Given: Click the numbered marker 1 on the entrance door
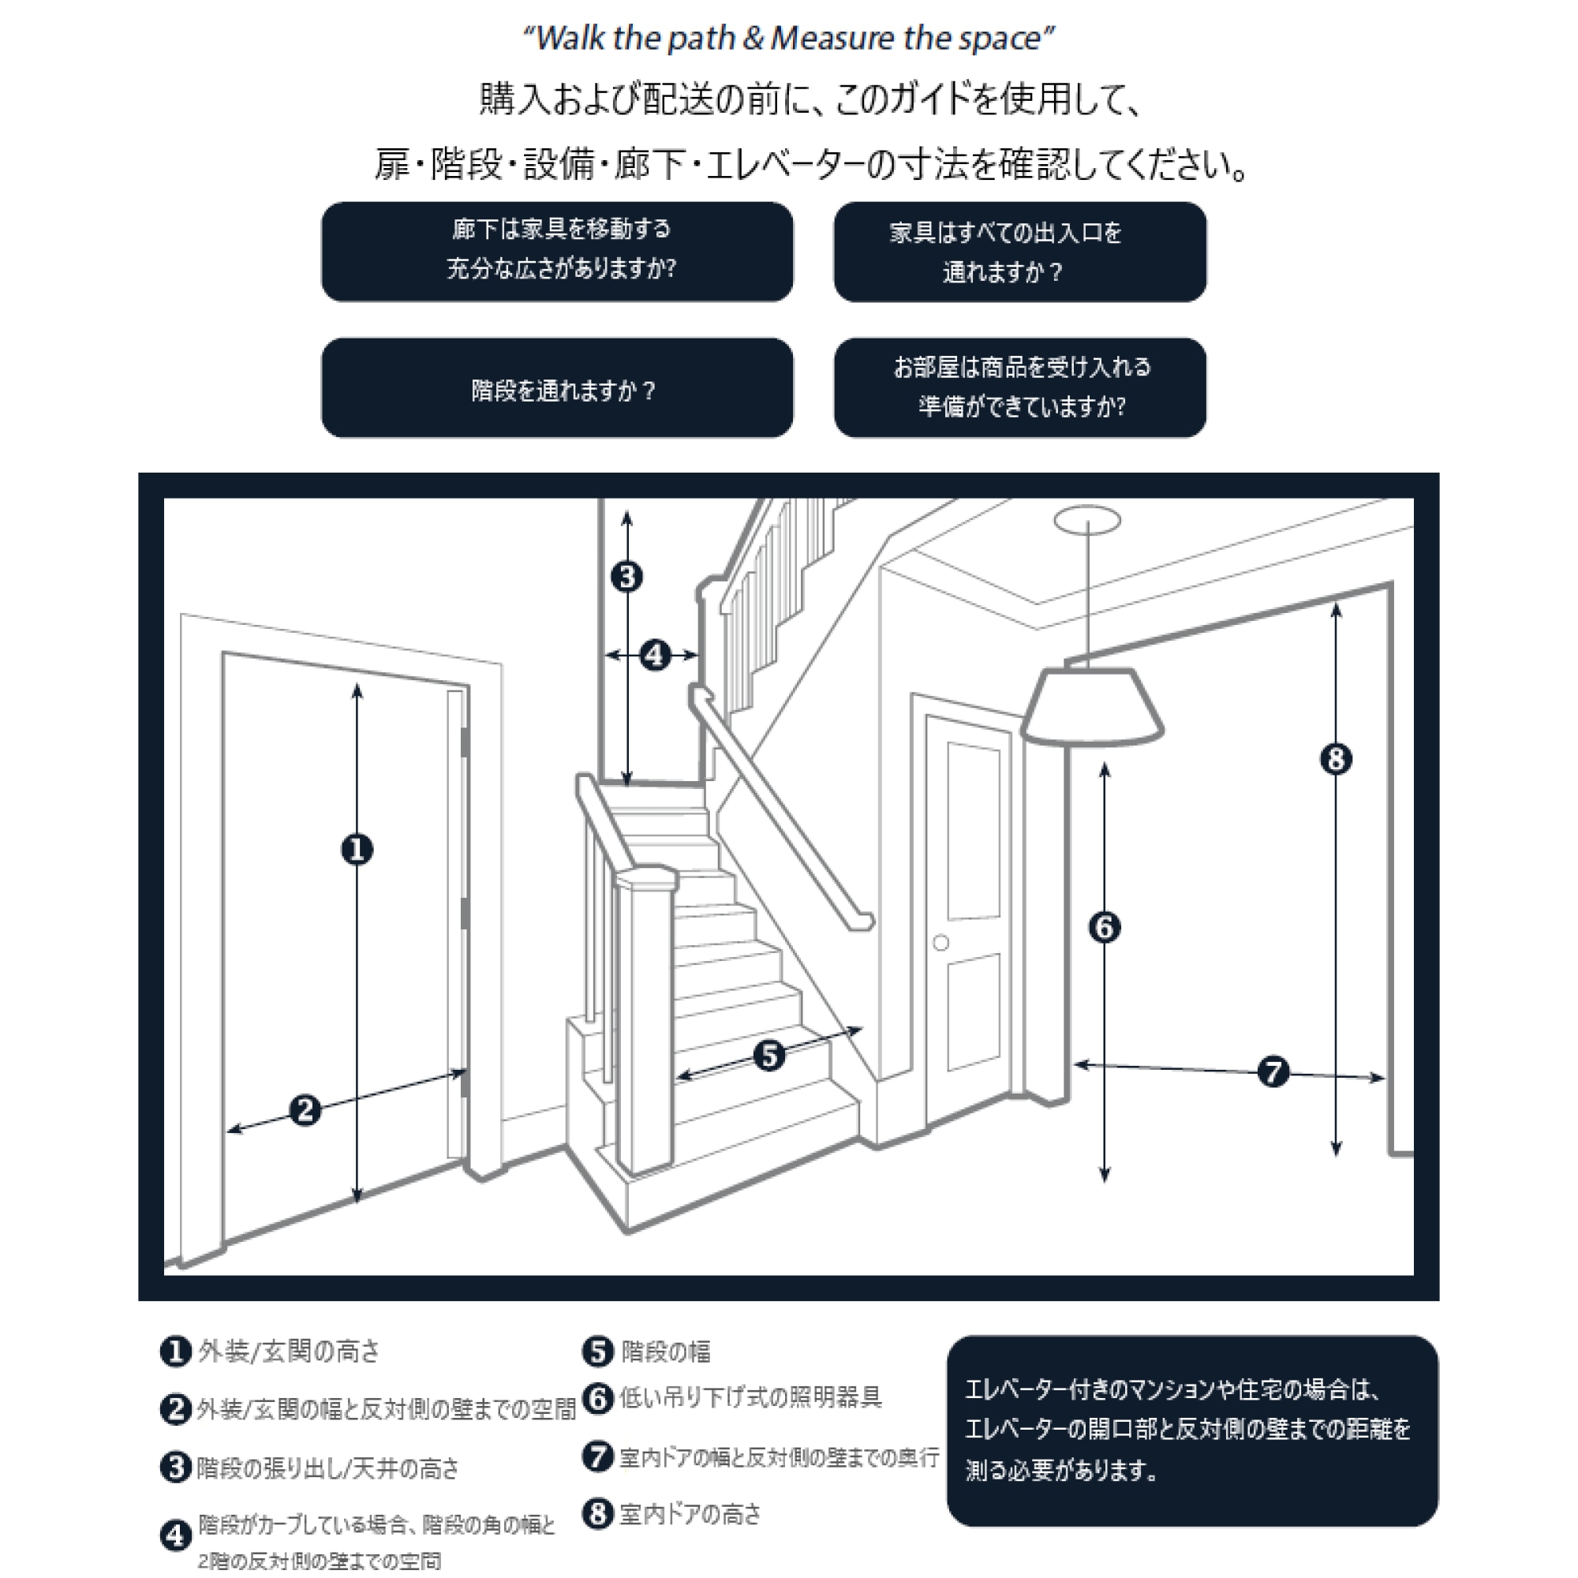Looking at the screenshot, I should point(357,850).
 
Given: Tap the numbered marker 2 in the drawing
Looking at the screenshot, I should point(305,1109).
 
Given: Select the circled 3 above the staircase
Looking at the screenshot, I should point(626,577).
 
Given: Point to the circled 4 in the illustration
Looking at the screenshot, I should point(655,655).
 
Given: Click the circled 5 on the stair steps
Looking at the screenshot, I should point(768,1055).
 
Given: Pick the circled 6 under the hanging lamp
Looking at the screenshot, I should point(1105,927).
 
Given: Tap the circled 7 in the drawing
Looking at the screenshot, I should point(1273,1071).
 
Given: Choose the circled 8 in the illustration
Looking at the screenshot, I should point(1337,760).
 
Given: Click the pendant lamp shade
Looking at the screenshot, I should point(1092,707).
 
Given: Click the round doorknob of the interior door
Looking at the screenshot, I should point(941,943).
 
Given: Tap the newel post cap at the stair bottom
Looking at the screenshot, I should point(646,879).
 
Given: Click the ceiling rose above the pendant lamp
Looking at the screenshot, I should point(1087,519).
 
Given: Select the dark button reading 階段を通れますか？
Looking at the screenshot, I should point(557,389).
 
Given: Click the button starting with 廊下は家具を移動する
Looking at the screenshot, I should point(557,251).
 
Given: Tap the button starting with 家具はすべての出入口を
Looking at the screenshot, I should point(1019,252).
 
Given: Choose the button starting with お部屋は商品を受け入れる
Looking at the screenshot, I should point(1019,387).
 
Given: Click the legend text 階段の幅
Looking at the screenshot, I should point(666,1352).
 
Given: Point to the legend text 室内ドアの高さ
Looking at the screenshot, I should point(690,1513).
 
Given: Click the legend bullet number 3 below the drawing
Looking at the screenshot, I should point(175,1467).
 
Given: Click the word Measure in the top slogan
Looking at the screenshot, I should point(832,39).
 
